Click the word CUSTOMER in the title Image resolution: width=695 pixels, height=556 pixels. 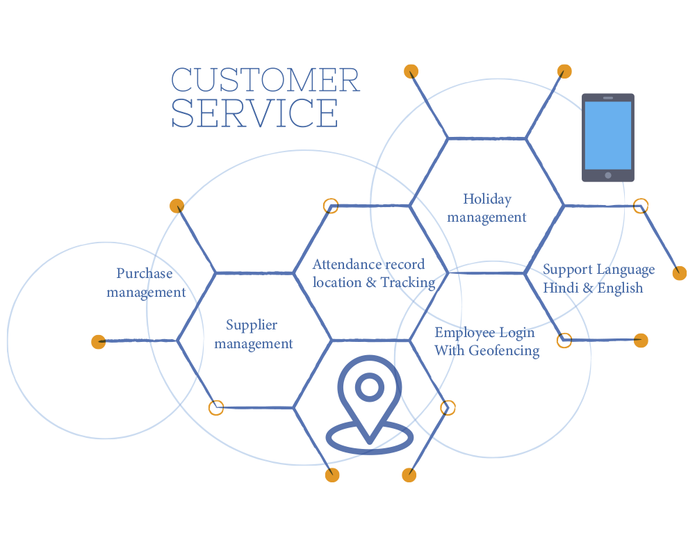tap(265, 81)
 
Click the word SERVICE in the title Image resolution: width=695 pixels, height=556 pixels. tap(254, 113)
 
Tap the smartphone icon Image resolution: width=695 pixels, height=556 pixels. tap(608, 138)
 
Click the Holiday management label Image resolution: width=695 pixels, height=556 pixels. tap(486, 208)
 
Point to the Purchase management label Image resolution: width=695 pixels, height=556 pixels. tap(146, 283)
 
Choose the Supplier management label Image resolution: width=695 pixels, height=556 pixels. tap(253, 334)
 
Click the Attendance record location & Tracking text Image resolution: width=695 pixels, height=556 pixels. tap(373, 273)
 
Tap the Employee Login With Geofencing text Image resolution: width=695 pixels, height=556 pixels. tap(486, 341)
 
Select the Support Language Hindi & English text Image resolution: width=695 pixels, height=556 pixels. tap(598, 278)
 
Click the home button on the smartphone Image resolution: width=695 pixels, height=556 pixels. tap(608, 175)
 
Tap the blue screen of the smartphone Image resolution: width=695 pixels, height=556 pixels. tap(608, 135)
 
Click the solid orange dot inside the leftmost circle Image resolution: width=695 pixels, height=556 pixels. tap(99, 341)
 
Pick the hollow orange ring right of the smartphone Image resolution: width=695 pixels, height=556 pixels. tap(641, 206)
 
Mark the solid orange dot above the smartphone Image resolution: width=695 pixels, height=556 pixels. tap(564, 71)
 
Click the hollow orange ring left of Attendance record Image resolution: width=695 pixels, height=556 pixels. tap(332, 206)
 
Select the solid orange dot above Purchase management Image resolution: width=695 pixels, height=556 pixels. tap(177, 206)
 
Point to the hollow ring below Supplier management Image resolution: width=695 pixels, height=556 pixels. tap(216, 407)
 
